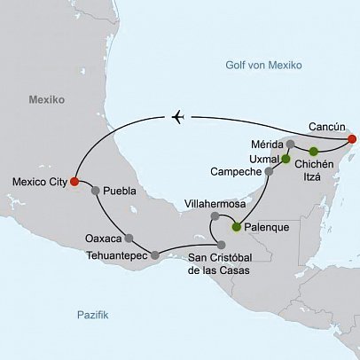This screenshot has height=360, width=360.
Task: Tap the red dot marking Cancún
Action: tap(352, 139)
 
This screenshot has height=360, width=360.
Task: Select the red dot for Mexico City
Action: tap(74, 183)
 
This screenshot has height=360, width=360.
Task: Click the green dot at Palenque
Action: tap(237, 227)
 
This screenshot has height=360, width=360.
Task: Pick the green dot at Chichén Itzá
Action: tap(313, 151)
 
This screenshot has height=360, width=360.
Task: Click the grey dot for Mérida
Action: tap(291, 144)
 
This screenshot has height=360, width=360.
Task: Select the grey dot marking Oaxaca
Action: tap(129, 238)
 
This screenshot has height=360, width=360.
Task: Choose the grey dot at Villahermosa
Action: tap(214, 216)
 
